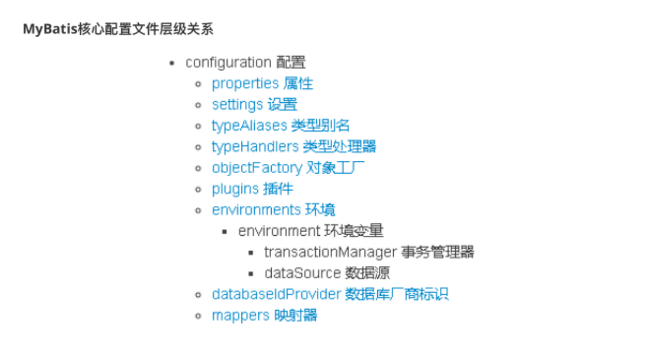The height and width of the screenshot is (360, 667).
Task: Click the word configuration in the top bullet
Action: tap(228, 63)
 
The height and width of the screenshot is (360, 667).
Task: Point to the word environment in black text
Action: tap(279, 231)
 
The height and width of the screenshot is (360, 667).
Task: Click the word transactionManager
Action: tap(330, 252)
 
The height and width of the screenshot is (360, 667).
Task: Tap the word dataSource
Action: tap(302, 273)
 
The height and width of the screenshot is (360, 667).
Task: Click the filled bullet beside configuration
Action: tap(172, 63)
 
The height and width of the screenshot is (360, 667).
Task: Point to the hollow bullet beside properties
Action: tap(199, 84)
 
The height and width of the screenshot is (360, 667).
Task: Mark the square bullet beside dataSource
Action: tap(251, 273)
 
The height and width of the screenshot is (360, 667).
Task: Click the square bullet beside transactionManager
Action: tap(251, 253)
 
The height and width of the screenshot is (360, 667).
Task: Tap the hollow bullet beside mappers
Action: tap(199, 316)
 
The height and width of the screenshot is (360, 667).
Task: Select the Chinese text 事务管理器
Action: tap(437, 252)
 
